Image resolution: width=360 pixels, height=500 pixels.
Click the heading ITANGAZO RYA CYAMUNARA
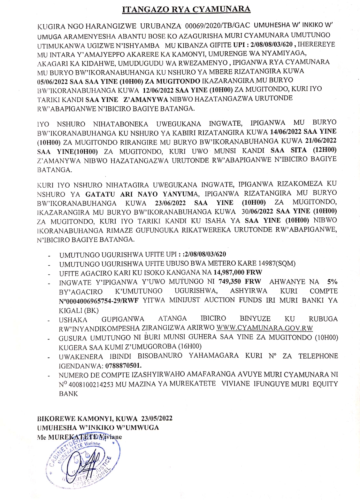click(186, 9)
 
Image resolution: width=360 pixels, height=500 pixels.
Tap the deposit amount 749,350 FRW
click(240, 282)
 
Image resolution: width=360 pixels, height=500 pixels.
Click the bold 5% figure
click(332, 282)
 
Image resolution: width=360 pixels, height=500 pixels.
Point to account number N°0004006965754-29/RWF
click(100, 300)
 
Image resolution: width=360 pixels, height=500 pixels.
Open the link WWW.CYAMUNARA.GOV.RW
click(264, 328)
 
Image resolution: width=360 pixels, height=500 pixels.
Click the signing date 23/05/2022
click(155, 418)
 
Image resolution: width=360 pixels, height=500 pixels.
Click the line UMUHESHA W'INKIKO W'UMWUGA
click(98, 427)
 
